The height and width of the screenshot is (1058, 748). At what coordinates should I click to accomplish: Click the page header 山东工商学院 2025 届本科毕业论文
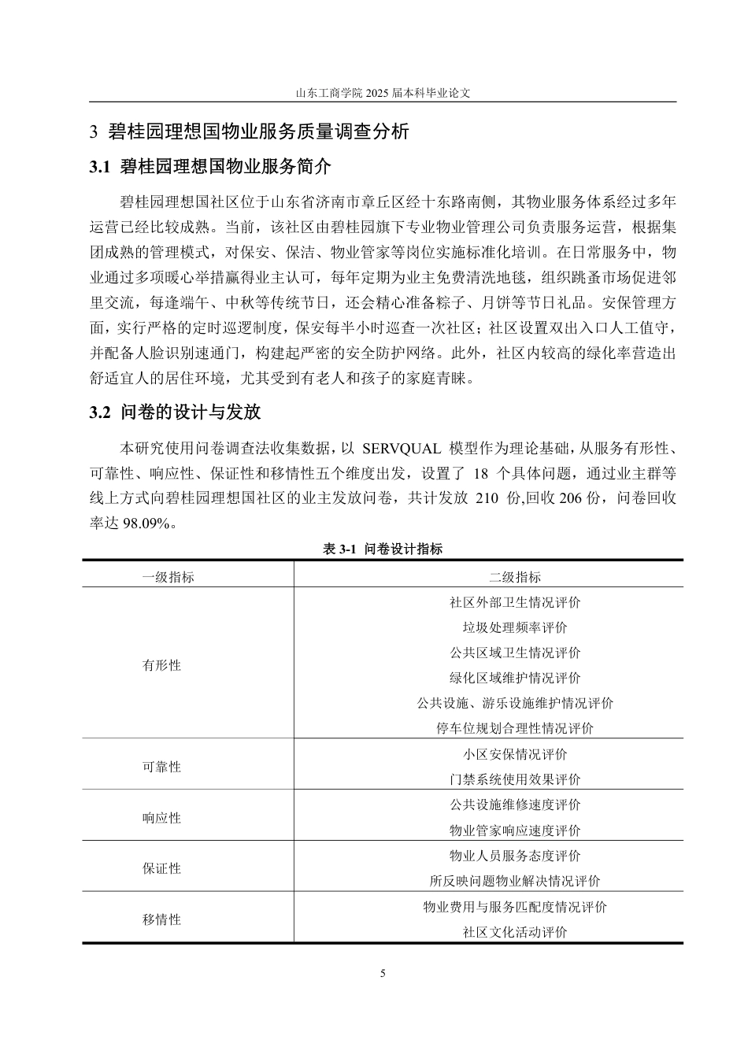click(383, 92)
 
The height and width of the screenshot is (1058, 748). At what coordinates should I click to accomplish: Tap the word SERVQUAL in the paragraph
click(401, 449)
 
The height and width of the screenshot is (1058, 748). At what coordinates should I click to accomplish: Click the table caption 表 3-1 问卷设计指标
click(383, 549)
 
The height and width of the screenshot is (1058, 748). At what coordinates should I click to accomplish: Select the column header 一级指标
click(168, 577)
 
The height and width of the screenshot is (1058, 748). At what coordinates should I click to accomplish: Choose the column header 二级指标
click(515, 577)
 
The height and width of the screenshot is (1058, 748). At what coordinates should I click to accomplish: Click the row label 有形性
click(161, 665)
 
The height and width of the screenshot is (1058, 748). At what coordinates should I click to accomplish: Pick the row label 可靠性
click(161, 767)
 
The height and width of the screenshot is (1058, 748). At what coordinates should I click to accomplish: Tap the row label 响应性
click(161, 818)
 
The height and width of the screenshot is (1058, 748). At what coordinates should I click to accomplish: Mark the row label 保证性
click(161, 868)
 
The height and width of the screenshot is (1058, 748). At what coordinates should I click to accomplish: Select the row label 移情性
click(161, 919)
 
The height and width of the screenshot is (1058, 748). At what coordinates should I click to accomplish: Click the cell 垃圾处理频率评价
click(515, 627)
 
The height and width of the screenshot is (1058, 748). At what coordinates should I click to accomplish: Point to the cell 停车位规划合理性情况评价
click(515, 728)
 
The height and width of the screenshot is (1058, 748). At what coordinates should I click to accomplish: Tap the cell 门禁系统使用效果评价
click(515, 779)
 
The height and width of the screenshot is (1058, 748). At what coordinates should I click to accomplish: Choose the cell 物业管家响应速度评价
click(515, 830)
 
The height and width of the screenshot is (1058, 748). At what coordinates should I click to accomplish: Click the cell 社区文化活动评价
click(515, 933)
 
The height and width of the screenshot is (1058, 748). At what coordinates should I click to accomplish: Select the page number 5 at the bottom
click(383, 974)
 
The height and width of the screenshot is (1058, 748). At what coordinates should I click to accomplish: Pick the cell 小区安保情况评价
click(515, 754)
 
